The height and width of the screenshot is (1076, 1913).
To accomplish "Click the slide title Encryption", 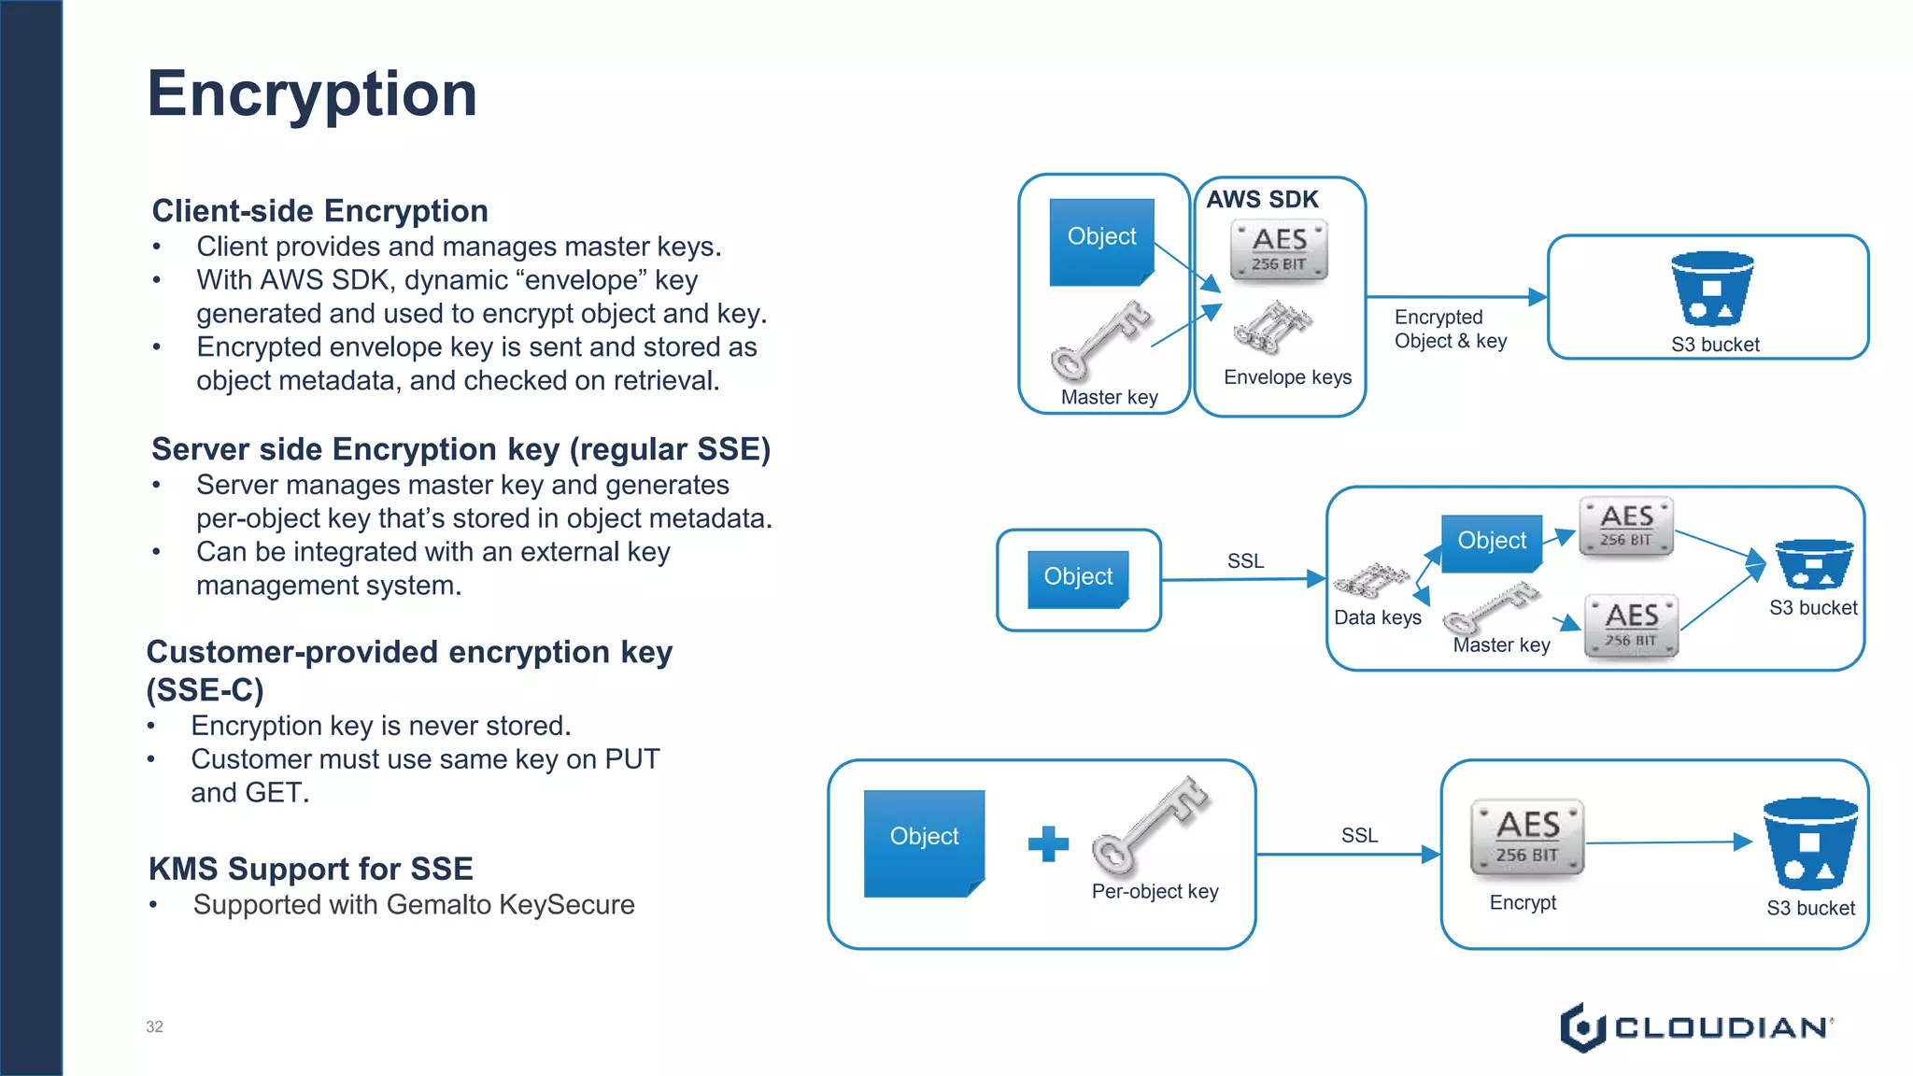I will pyautogui.click(x=312, y=94).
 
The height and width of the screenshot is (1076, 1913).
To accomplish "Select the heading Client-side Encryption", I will pyautogui.click(x=319, y=211).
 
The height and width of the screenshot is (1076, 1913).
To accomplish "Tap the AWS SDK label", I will pyautogui.click(x=1262, y=200).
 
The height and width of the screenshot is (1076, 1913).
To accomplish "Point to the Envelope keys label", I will pyautogui.click(x=1287, y=377).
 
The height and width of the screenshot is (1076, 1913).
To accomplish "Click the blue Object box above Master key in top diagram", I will pyautogui.click(x=1101, y=239).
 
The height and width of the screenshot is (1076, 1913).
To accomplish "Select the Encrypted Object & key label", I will pyautogui.click(x=1450, y=329).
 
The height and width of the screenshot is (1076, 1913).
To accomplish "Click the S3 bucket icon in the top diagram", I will pyautogui.click(x=1711, y=288).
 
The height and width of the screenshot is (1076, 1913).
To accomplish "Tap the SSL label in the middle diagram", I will pyautogui.click(x=1245, y=560).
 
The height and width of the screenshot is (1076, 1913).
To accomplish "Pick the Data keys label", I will pyautogui.click(x=1377, y=617).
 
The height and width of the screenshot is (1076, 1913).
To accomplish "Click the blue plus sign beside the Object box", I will pyautogui.click(x=1047, y=843).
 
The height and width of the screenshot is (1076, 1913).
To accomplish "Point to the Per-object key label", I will pyautogui.click(x=1155, y=891).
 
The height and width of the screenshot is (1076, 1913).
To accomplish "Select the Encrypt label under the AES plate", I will pyautogui.click(x=1523, y=902).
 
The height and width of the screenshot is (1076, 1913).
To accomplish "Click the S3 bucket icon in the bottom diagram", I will pyautogui.click(x=1809, y=843).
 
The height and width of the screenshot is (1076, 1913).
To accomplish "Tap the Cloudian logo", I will pyautogui.click(x=1695, y=1027).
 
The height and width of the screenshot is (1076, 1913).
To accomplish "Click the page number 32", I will pyautogui.click(x=154, y=1026).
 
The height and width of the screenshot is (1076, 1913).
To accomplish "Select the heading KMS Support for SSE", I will pyautogui.click(x=310, y=869).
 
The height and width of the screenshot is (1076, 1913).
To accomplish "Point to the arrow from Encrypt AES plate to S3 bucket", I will pyautogui.click(x=1667, y=842).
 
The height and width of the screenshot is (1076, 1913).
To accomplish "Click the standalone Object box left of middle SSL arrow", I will pyautogui.click(x=1078, y=578).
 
